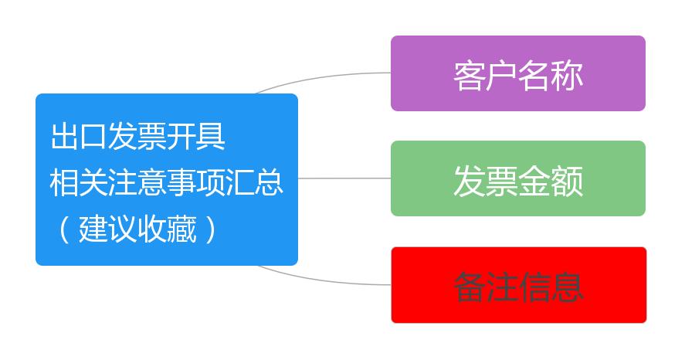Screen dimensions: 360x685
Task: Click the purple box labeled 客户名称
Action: point(517,73)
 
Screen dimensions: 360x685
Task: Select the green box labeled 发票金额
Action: point(517,178)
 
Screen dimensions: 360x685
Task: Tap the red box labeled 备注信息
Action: point(518,285)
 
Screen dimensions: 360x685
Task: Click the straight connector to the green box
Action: point(344,178)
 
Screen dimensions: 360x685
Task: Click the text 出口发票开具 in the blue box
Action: point(137,136)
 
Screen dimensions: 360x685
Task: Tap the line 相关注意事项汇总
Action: point(166,182)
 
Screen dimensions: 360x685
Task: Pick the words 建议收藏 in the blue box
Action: point(137,229)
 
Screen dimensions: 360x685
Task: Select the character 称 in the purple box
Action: point(568,75)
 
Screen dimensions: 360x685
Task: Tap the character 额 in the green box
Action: point(568,180)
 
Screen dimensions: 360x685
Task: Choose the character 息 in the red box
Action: point(568,287)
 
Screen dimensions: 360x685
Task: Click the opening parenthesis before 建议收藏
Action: point(64,229)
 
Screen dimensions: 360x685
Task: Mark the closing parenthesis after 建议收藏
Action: point(211,229)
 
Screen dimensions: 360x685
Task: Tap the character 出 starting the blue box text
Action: point(64,136)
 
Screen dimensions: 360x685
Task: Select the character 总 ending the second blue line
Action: point(270,182)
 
